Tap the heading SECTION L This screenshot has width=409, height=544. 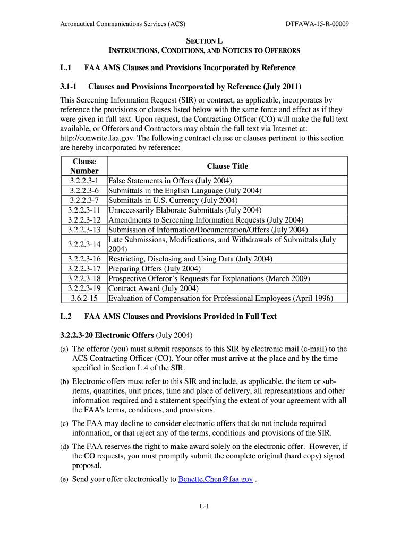pyautogui.click(x=204, y=41)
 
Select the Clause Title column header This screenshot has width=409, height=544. pyautogui.click(x=227, y=166)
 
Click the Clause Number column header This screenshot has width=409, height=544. pyautogui.click(x=84, y=166)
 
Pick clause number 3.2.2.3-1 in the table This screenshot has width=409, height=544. pyautogui.click(x=84, y=181)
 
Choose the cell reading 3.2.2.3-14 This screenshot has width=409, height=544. pyautogui.click(x=84, y=244)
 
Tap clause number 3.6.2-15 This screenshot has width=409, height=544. pyautogui.click(x=84, y=298)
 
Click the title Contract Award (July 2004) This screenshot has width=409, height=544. pyautogui.click(x=154, y=288)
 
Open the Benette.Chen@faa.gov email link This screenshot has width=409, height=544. pyautogui.click(x=215, y=479)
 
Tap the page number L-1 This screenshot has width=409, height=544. pyautogui.click(x=204, y=507)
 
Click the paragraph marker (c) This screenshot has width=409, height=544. pyautogui.click(x=64, y=423)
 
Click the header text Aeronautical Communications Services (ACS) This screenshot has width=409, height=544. pyautogui.click(x=122, y=24)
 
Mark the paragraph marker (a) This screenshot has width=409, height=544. pyautogui.click(x=64, y=349)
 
